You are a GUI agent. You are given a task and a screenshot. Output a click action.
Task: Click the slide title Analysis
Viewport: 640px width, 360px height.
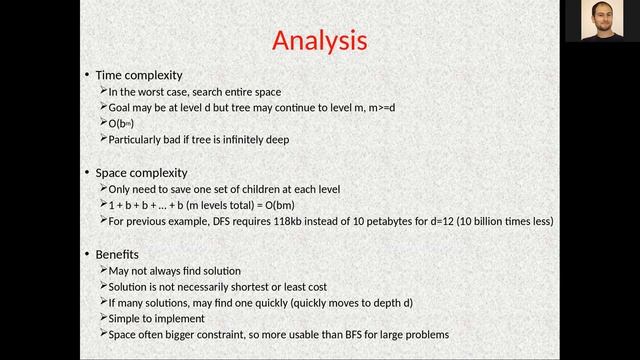320,41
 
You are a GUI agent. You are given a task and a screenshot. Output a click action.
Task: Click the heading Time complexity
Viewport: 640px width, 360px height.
139,75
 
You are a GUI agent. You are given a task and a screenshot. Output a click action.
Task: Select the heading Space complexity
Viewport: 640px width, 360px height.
141,173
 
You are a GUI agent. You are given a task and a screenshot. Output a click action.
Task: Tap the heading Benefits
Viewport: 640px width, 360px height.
117,254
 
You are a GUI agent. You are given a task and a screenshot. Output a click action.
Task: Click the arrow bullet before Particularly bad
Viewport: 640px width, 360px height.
103,140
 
